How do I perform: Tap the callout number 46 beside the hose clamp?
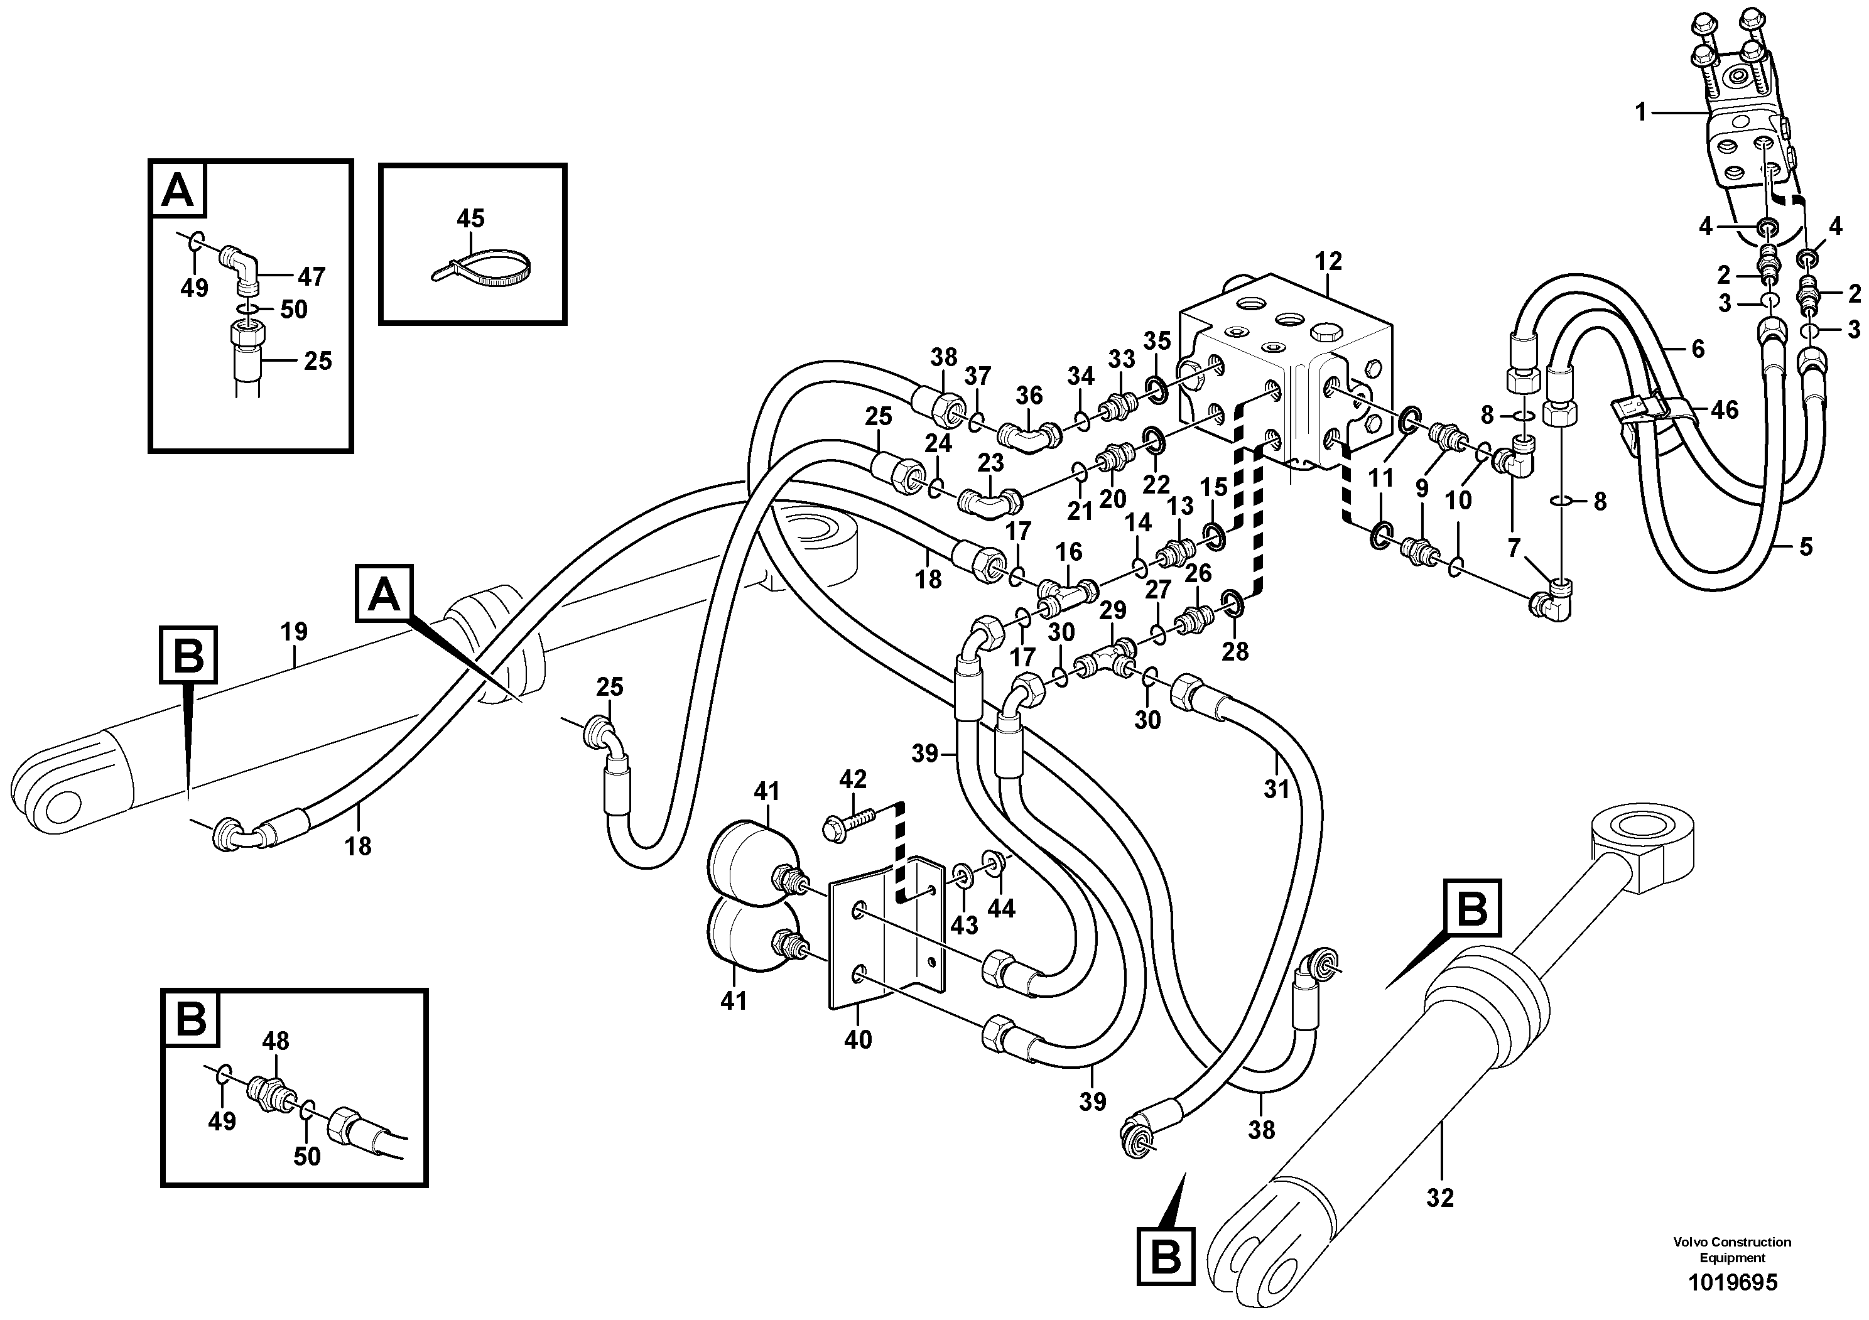tap(1724, 409)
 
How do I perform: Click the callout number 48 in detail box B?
tap(276, 1040)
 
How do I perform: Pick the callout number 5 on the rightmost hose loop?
tap(1806, 546)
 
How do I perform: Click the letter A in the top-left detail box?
tap(178, 192)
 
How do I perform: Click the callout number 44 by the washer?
tap(1000, 908)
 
